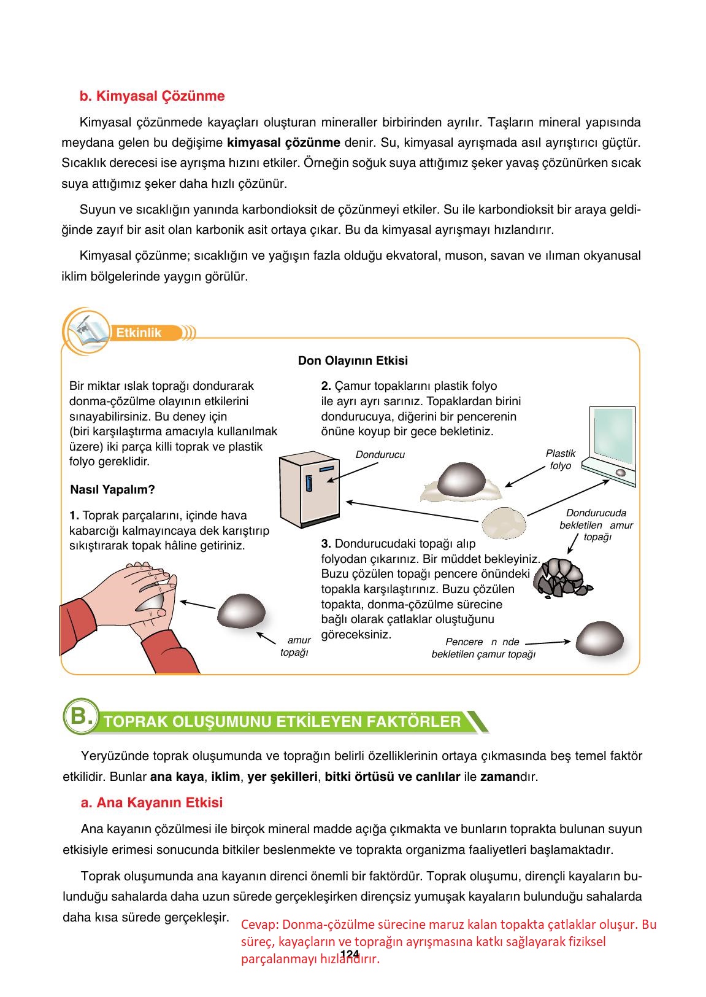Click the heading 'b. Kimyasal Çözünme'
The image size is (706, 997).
[x=152, y=96]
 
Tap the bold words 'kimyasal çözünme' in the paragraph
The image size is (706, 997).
[x=283, y=143]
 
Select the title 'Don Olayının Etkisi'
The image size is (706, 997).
[x=353, y=360]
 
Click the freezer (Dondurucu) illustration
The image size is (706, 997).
[x=309, y=487]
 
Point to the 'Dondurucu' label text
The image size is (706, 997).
[x=380, y=455]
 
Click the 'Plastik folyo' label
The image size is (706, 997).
[x=560, y=459]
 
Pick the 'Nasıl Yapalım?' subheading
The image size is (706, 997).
[x=113, y=490]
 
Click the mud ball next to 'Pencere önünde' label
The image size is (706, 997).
[x=599, y=638]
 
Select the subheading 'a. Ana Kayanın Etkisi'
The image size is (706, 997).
[x=152, y=802]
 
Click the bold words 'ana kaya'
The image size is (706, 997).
[x=177, y=777]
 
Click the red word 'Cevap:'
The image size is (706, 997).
[x=260, y=925]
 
